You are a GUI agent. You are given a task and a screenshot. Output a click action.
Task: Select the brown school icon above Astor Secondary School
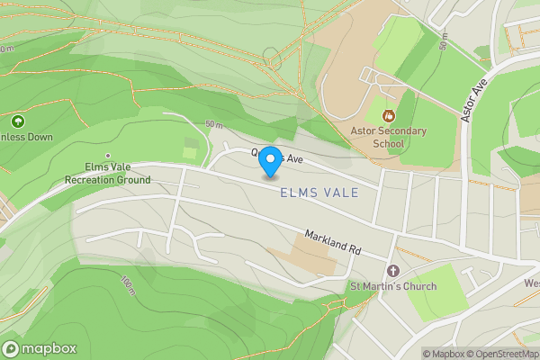(x=388, y=115)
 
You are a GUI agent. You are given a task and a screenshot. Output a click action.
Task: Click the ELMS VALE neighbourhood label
(x=319, y=193)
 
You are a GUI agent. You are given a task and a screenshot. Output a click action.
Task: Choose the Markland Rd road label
(x=331, y=241)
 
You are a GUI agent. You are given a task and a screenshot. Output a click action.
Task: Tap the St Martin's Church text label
(x=392, y=286)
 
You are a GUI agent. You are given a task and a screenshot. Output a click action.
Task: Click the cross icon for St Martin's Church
(x=391, y=270)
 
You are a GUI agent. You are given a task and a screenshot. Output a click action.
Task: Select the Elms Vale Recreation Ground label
(x=107, y=173)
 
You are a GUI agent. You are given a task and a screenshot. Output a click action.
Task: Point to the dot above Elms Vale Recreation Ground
(x=107, y=156)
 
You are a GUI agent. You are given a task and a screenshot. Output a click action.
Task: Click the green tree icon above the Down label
(x=16, y=121)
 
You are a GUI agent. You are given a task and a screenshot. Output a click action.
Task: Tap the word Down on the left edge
(x=40, y=137)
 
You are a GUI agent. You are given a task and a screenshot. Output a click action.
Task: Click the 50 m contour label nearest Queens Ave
(x=212, y=124)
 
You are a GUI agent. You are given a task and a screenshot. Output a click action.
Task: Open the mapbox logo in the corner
(x=40, y=348)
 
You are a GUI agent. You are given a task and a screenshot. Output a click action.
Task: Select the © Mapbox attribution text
(x=443, y=353)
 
